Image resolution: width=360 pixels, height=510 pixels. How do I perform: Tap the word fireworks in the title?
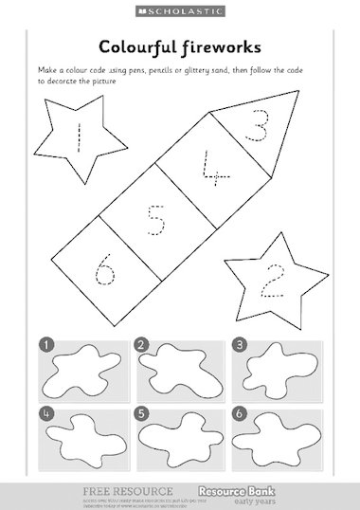coord(223,46)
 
